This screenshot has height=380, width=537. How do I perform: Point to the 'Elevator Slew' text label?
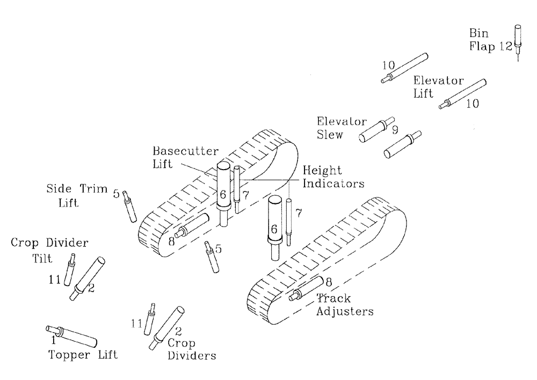pos(334,128)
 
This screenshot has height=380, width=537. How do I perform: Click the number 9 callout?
pos(395,129)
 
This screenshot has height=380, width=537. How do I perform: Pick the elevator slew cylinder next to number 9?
pos(375,129)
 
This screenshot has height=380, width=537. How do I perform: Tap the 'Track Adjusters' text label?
pos(343,304)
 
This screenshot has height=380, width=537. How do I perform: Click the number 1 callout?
pos(53,340)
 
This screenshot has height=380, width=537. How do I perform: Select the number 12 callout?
pos(506,46)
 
